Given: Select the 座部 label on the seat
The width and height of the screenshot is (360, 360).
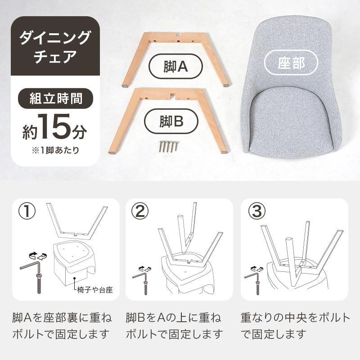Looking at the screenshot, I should coord(291,63).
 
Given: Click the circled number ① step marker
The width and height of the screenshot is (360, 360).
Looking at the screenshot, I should coord(28,211).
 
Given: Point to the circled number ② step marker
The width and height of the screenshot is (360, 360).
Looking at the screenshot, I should coord(141,211).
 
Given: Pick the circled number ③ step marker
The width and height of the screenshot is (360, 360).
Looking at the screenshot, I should coord(256,211).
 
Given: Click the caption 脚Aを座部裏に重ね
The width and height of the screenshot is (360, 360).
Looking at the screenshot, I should coord(62,318).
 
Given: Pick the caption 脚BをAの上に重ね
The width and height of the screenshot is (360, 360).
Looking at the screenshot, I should coord(173,318).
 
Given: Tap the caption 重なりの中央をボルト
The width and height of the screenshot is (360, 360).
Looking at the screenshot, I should coord(295,318).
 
